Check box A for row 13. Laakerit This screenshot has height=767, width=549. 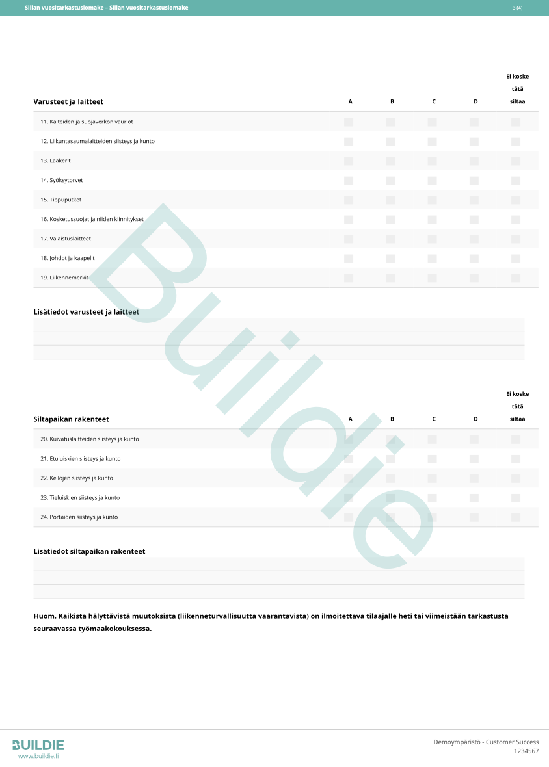tap(349, 161)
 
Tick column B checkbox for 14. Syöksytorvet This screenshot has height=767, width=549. tap(390, 180)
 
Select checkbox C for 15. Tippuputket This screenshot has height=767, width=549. tap(432, 200)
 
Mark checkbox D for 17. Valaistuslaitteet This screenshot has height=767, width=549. tap(474, 239)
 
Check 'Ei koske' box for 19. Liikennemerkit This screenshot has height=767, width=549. tap(516, 278)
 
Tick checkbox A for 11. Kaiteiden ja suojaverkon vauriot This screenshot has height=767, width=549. tap(349, 122)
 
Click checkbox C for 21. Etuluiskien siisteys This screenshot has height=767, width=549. tap(432, 459)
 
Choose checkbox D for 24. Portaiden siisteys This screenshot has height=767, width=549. tap(474, 517)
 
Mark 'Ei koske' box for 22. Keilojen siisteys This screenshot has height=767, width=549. tap(516, 478)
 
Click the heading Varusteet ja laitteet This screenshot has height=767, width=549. tap(68, 102)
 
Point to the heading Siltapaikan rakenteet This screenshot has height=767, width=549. tap(71, 419)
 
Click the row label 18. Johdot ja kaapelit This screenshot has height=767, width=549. tap(68, 258)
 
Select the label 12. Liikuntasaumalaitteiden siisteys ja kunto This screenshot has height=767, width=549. tap(98, 141)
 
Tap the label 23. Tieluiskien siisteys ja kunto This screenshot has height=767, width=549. tap(80, 498)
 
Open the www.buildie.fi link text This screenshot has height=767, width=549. tap(38, 756)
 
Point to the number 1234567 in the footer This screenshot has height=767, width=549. tap(526, 751)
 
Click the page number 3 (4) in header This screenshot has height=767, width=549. tap(517, 8)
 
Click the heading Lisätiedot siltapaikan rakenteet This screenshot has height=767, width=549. tap(89, 551)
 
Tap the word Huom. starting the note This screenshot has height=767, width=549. tap(44, 616)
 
